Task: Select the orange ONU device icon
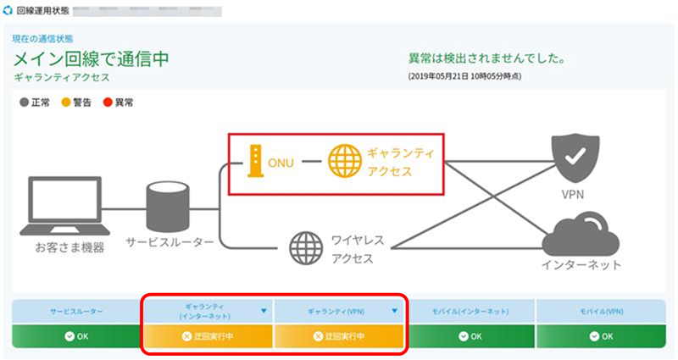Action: [x=253, y=161]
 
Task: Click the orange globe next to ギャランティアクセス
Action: [x=344, y=161]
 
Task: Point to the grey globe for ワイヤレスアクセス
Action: [x=306, y=248]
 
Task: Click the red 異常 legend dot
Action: [x=108, y=102]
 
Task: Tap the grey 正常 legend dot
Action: [x=23, y=102]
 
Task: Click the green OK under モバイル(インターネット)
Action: [x=470, y=335]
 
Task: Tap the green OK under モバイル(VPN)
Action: [x=601, y=335]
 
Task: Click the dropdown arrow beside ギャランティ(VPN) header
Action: [x=395, y=311]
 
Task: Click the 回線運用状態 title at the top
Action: [x=43, y=13]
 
